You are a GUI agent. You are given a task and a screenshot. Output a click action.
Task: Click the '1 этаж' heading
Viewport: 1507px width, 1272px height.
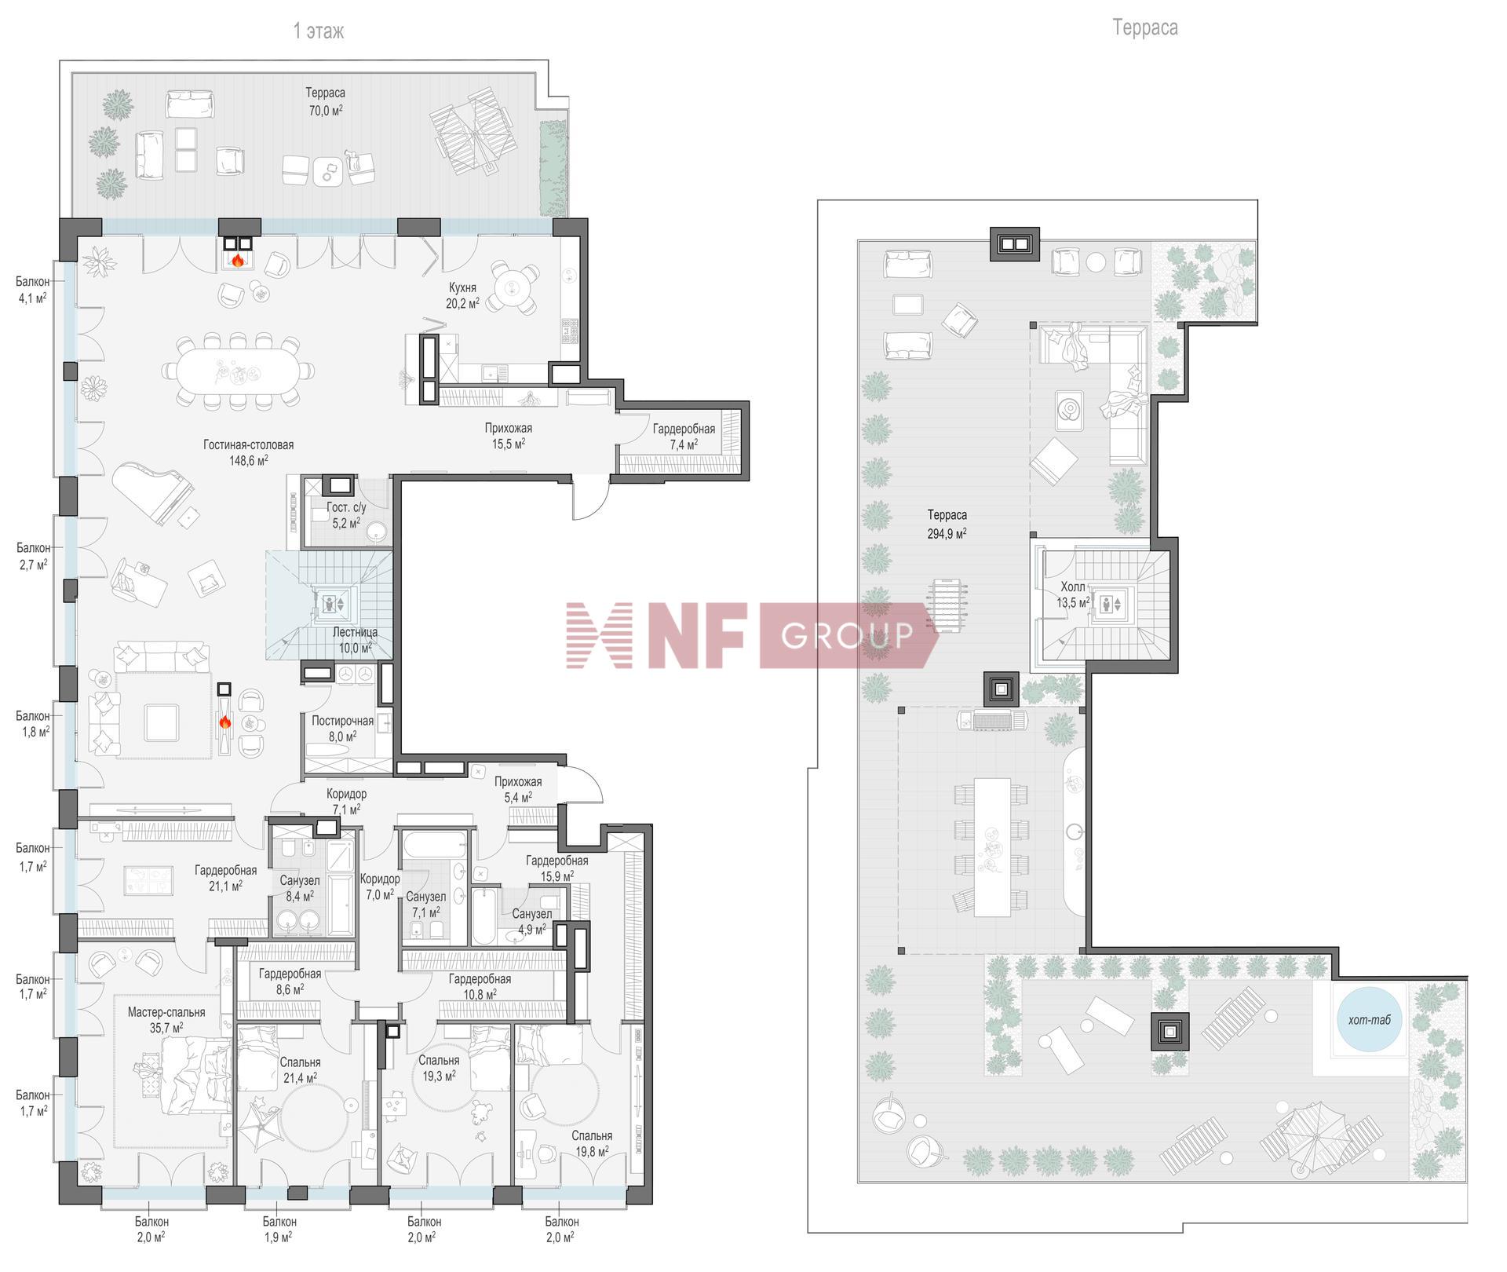[318, 31]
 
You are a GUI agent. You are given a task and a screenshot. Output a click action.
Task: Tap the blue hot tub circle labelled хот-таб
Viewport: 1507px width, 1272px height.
[1370, 1020]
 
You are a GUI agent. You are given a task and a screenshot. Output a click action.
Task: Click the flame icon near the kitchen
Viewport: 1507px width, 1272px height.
[238, 259]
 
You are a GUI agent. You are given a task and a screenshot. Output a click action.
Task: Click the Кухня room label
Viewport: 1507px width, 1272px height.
[462, 287]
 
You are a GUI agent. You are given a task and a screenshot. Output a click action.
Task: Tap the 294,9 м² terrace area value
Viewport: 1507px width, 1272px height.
[947, 532]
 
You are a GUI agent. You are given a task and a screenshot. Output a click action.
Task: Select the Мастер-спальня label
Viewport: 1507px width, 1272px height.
[166, 1012]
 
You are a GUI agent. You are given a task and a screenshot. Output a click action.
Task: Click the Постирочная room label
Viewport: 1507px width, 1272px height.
[342, 721]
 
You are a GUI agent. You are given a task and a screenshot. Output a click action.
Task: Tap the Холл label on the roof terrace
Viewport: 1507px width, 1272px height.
[1073, 587]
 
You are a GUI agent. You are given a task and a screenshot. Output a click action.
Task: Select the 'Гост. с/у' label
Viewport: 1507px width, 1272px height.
[346, 507]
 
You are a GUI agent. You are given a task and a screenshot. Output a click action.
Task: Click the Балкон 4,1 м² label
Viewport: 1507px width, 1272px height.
[32, 290]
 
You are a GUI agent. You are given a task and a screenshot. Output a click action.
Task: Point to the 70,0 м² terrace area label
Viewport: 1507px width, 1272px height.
[326, 111]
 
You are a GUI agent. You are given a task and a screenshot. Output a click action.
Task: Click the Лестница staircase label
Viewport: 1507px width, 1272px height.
[355, 632]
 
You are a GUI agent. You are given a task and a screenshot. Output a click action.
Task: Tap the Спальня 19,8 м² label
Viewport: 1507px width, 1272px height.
[592, 1143]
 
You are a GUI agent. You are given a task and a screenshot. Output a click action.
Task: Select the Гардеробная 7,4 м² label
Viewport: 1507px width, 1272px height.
[684, 437]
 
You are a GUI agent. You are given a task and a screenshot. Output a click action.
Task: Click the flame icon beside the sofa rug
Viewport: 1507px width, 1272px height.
[224, 722]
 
